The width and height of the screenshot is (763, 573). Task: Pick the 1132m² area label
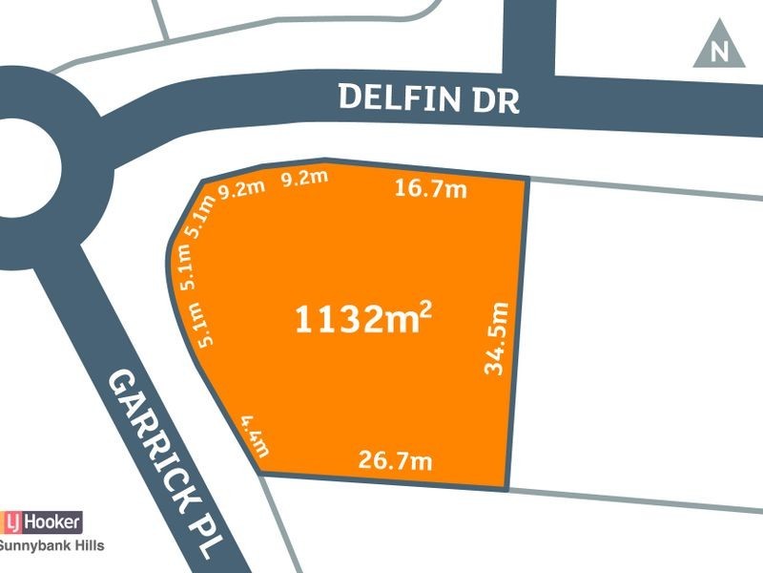coord(362,320)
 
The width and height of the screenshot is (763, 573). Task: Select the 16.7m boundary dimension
coord(430,189)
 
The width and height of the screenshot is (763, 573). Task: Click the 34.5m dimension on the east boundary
coord(495,338)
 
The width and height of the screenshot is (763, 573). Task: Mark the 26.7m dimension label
coord(395,461)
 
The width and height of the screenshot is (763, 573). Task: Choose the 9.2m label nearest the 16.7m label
coord(303,178)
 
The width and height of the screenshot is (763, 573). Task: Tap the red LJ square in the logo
coord(13,521)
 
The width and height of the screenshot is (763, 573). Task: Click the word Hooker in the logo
coord(53,521)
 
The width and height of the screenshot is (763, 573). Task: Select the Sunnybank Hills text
coord(52,546)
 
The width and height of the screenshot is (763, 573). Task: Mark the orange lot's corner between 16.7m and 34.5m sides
coord(527,179)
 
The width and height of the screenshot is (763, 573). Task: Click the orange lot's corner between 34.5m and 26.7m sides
coord(506,488)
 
